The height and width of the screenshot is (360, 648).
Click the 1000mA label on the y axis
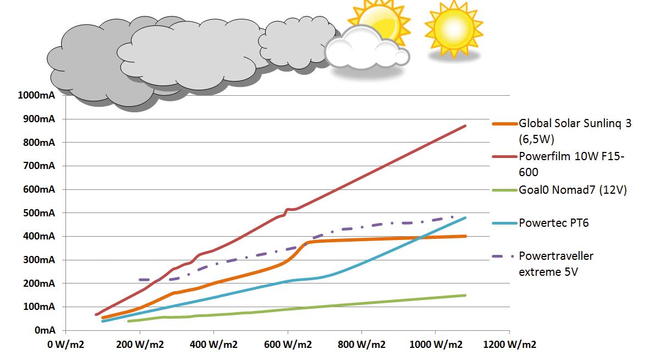(x=36, y=95)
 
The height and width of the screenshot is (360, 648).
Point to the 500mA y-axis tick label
(x=39, y=213)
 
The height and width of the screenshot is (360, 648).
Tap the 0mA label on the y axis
(x=45, y=330)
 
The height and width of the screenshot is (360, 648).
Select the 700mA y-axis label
(x=39, y=166)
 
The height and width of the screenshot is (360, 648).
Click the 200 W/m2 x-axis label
(x=140, y=344)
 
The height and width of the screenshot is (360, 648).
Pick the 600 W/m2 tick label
(x=288, y=344)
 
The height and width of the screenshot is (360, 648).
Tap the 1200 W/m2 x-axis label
(x=509, y=344)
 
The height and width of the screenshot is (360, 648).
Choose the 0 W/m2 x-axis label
(x=65, y=344)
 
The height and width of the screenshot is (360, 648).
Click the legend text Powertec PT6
(x=554, y=223)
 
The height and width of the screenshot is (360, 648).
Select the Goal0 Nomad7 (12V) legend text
(x=573, y=190)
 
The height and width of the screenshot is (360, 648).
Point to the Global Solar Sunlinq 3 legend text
(x=575, y=131)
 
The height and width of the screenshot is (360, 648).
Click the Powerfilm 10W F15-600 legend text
(x=572, y=164)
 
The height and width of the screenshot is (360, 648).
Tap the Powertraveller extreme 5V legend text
(x=556, y=264)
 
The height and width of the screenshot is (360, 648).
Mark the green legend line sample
(x=504, y=190)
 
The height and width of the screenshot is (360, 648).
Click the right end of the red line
(x=465, y=126)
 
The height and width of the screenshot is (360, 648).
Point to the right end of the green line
(x=465, y=296)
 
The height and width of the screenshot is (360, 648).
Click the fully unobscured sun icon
(x=454, y=29)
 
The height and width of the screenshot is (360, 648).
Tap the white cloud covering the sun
(x=366, y=49)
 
